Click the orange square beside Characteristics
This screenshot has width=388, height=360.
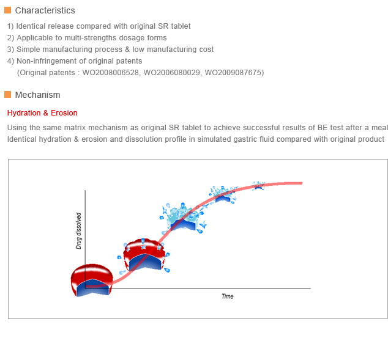coord(8,10)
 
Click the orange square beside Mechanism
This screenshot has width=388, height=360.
coord(8,94)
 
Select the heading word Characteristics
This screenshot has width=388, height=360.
coord(45,10)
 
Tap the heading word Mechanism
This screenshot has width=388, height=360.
coord(37,95)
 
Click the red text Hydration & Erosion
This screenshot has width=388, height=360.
coord(42,113)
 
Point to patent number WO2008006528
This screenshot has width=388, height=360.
coord(110,73)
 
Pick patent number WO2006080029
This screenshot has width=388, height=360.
coord(172,73)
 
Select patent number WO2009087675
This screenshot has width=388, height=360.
coord(233,73)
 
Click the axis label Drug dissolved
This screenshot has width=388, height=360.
coord(78,231)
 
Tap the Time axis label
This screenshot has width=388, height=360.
coord(228,296)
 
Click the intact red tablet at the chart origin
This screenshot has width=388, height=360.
coord(92,280)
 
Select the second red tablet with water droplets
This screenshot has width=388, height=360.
coord(144,255)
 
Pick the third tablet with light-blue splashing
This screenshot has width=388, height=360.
coord(183,218)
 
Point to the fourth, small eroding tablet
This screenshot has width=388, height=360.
coord(223,194)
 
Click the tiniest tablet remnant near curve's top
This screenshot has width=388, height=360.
coord(259,186)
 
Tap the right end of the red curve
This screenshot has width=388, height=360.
coord(301,183)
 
